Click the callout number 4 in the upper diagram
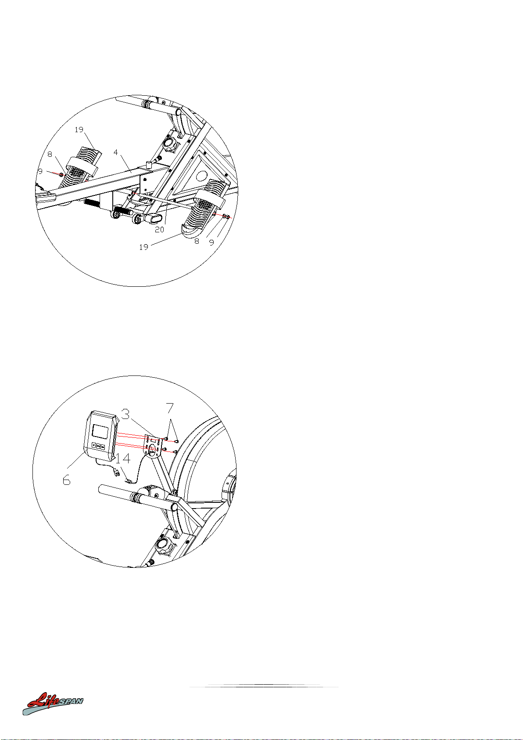tap(115, 152)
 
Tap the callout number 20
tap(159, 230)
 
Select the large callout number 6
tap(66, 480)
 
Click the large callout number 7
tap(170, 408)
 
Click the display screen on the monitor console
tap(100, 431)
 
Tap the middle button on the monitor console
tap(98, 446)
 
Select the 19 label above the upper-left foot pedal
tap(79, 130)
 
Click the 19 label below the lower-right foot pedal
tap(143, 247)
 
